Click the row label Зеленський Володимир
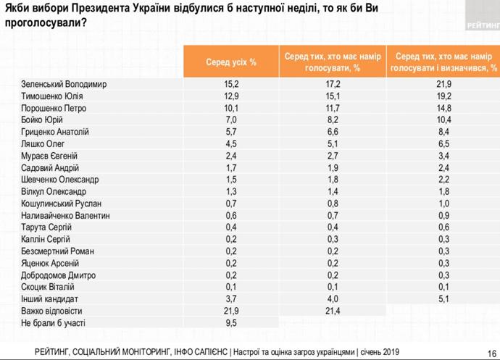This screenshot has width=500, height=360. point(64,84)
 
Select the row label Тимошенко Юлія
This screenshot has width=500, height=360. point(52,96)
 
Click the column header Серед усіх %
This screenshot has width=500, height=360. point(230,62)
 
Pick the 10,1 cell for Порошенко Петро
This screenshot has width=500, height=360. point(230,108)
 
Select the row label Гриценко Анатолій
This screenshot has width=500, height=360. point(55,132)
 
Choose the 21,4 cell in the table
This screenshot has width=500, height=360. point(333,310)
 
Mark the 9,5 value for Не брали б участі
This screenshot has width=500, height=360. point(230,322)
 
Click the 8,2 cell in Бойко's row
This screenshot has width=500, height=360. point(333,120)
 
